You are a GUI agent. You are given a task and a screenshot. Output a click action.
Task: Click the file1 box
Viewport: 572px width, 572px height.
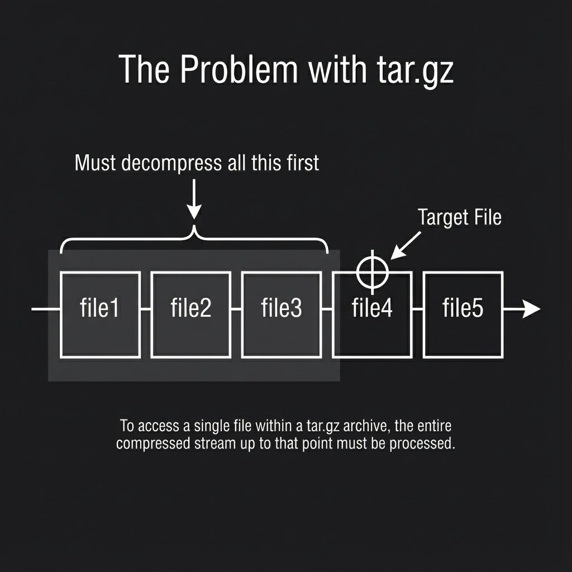click(100, 314)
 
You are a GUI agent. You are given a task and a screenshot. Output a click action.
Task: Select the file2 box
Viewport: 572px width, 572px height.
click(190, 314)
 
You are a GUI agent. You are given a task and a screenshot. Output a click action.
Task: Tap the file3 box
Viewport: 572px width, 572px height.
click(282, 314)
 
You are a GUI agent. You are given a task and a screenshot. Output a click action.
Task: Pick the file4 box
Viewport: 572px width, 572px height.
click(372, 324)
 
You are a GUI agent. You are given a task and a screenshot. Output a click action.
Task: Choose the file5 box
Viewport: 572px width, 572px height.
click(463, 314)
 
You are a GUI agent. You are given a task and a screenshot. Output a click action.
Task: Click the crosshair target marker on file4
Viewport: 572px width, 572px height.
click(373, 272)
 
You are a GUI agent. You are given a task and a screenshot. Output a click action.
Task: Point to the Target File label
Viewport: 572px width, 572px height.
click(459, 217)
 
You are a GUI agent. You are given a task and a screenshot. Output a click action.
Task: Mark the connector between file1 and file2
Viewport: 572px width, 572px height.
click(146, 309)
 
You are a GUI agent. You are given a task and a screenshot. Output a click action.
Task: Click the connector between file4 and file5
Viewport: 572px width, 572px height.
click(417, 309)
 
